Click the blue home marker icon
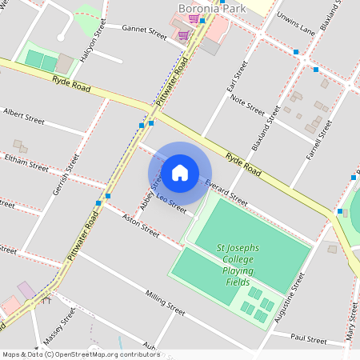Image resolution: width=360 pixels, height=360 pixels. [x=180, y=173]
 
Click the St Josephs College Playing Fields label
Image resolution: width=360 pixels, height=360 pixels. [x=238, y=265]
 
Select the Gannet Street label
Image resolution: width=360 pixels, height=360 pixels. [x=144, y=32]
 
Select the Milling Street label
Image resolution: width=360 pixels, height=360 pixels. [x=166, y=303]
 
